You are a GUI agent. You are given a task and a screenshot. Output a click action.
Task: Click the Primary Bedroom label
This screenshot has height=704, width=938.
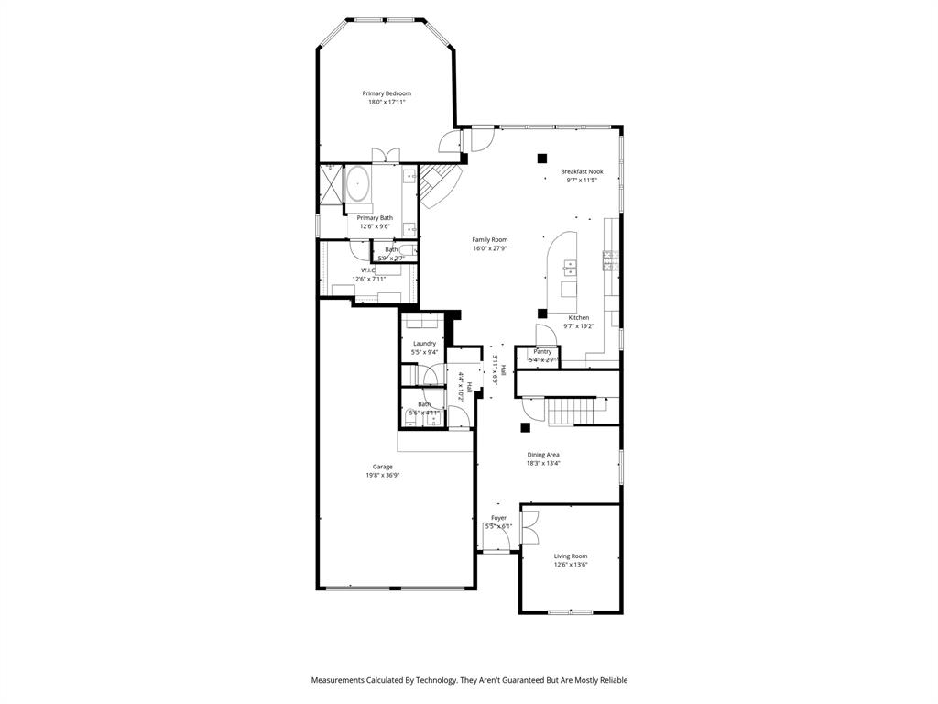(x=386, y=93)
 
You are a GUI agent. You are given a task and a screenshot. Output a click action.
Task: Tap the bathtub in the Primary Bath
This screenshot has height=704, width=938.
(x=356, y=185)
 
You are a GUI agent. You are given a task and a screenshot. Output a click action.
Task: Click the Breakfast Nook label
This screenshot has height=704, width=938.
(x=582, y=171)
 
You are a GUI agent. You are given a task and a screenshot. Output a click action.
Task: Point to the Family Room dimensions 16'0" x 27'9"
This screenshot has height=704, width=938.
(x=490, y=248)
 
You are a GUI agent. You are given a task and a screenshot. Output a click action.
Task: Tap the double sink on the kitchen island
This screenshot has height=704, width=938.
(x=570, y=268)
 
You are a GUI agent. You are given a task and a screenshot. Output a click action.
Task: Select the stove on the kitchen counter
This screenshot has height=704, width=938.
(x=609, y=261)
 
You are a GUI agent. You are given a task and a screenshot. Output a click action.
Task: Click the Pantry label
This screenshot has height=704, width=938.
(x=542, y=351)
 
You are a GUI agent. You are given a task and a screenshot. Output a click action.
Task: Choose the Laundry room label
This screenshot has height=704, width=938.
(x=424, y=343)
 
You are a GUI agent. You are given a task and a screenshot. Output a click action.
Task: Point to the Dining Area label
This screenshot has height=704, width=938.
(x=543, y=455)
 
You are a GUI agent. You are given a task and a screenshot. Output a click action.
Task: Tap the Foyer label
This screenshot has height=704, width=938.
(x=498, y=518)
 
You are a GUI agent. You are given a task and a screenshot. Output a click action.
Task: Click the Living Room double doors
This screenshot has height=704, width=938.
(x=529, y=529)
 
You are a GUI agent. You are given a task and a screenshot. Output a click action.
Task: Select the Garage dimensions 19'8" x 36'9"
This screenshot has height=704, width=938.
(x=382, y=476)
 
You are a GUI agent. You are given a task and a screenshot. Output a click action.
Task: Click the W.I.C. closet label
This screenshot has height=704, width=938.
(x=368, y=270)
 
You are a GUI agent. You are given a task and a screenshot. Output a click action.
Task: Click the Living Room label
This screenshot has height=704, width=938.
(x=571, y=555)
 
